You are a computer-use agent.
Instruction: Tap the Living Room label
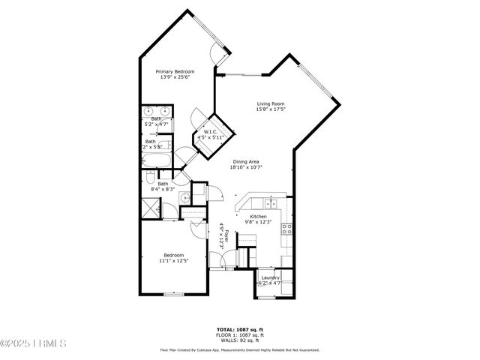[271, 103]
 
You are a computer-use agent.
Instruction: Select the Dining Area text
[246, 161]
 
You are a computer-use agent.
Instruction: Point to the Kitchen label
[258, 216]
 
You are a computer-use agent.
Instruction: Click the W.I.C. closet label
[211, 133]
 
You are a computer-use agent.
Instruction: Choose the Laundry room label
[269, 277]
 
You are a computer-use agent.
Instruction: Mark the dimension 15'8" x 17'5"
[271, 110]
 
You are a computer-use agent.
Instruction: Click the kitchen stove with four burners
[286, 230]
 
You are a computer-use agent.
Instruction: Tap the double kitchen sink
[271, 203]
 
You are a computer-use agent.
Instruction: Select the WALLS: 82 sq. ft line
[239, 340]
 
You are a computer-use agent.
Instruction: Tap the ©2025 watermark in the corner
[33, 344]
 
